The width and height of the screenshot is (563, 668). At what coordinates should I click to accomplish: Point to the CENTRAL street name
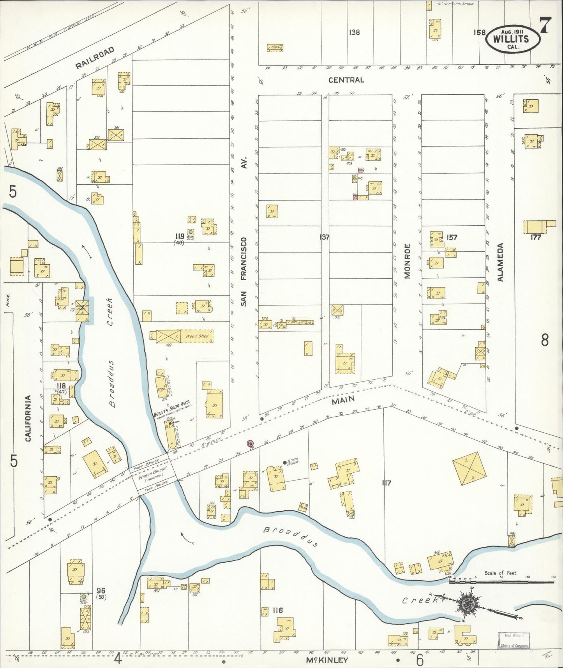(346, 80)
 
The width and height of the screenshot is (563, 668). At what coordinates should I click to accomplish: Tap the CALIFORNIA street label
(28, 418)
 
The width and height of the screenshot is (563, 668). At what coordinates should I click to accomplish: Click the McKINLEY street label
(327, 660)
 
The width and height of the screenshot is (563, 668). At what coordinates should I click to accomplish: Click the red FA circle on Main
(250, 443)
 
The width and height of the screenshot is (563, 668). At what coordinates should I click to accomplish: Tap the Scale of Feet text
(500, 573)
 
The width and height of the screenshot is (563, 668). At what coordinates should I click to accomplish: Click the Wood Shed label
(197, 336)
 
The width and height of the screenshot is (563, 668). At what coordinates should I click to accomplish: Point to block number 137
(324, 237)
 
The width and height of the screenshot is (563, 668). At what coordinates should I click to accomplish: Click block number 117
(386, 483)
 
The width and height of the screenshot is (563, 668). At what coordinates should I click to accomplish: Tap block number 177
(536, 237)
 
